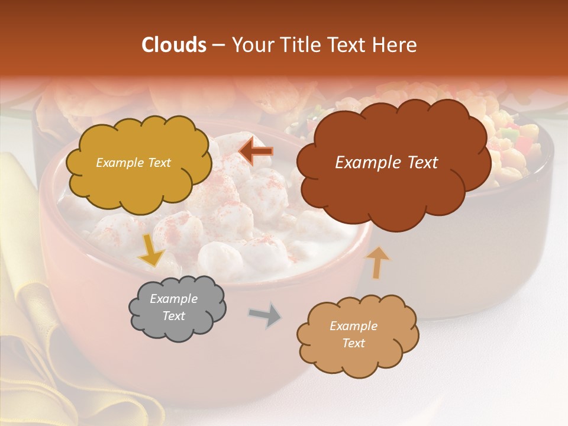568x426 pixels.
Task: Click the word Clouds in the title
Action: [174, 45]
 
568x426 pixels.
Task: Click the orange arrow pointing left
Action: [256, 151]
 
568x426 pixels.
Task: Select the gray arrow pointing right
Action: [265, 316]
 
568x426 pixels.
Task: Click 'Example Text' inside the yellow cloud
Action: [133, 163]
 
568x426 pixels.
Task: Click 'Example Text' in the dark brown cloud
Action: [386, 163]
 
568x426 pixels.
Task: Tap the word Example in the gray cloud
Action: [173, 299]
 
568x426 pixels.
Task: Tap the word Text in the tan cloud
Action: [353, 343]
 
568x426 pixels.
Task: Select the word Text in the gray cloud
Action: [173, 316]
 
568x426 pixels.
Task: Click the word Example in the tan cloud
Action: [353, 326]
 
